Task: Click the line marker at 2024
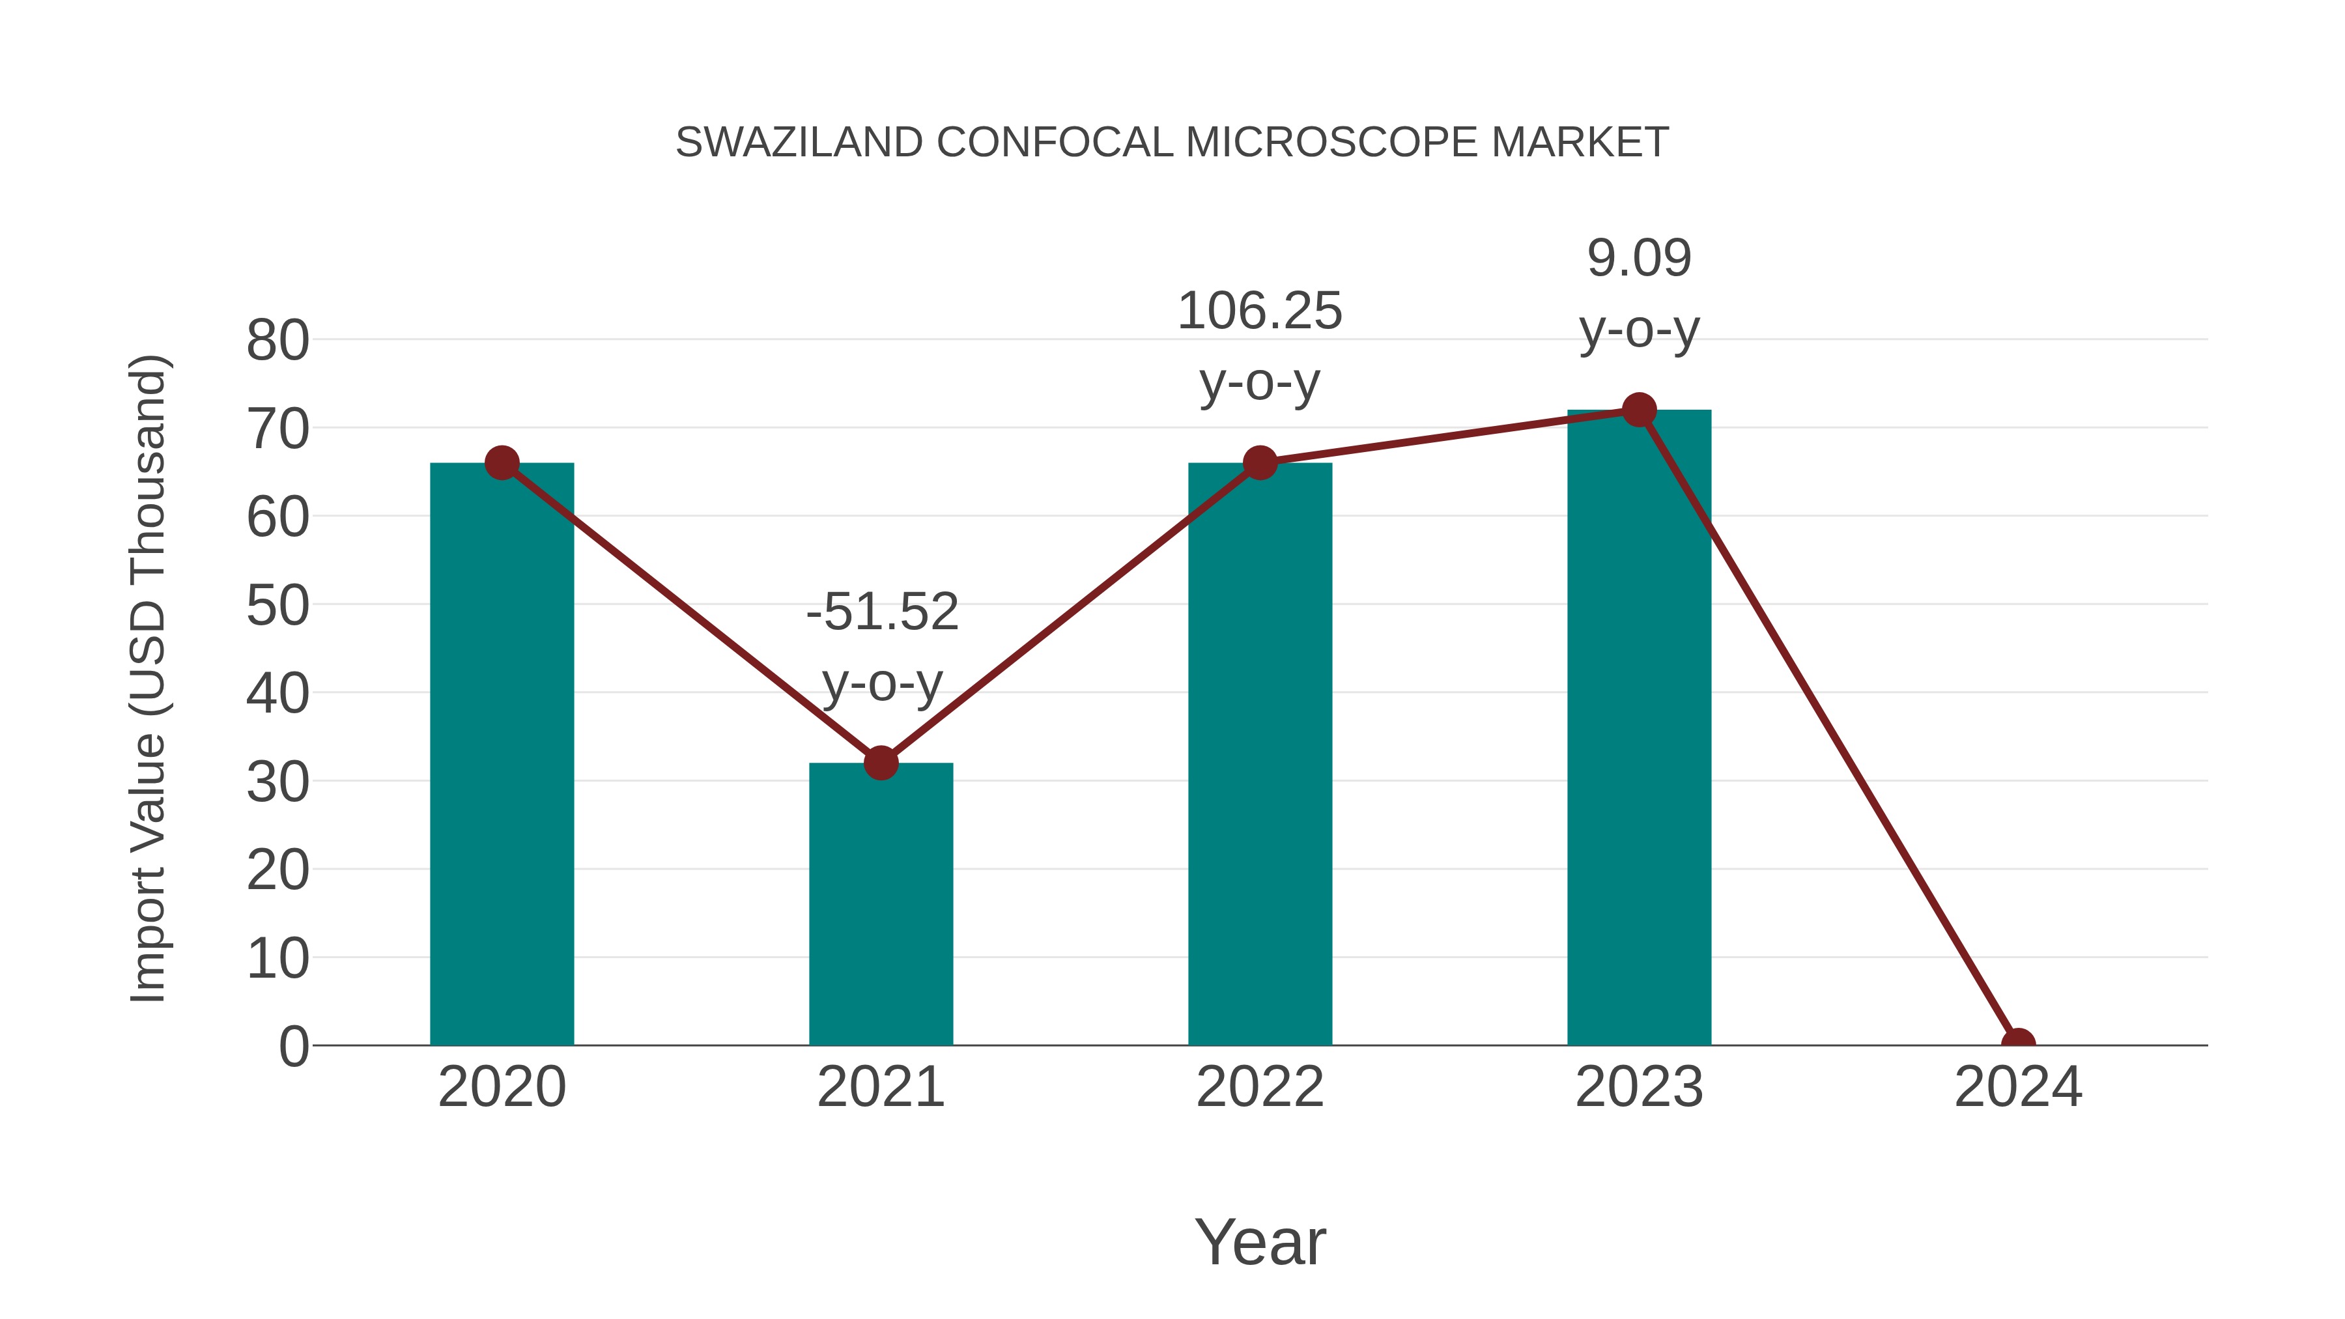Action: [x=2018, y=1043]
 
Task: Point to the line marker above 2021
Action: [x=880, y=763]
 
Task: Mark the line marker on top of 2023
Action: [x=1639, y=410]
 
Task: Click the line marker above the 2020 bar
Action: [x=502, y=463]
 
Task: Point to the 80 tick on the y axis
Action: [x=277, y=341]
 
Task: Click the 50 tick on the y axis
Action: [x=277, y=606]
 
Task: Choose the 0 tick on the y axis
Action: [x=293, y=1047]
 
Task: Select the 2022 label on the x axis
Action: [x=1260, y=1087]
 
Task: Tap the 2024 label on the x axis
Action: [x=2018, y=1087]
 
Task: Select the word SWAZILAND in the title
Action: [x=799, y=143]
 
